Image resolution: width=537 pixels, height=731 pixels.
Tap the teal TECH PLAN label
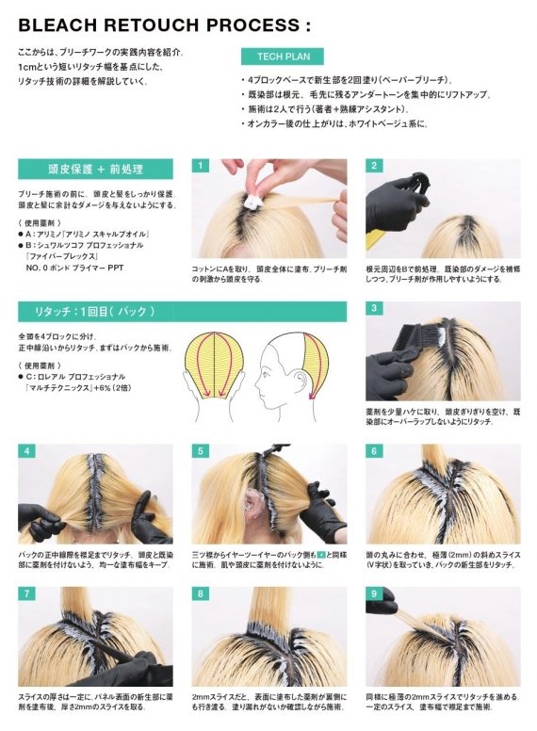[x=283, y=57]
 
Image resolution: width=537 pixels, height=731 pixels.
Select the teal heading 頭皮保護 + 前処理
[x=95, y=170]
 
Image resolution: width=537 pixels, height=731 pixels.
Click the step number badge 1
[x=200, y=166]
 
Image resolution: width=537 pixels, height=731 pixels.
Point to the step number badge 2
[x=374, y=166]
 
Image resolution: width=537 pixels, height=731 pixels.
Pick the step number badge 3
[x=374, y=309]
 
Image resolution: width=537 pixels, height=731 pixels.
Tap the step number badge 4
[x=25, y=452]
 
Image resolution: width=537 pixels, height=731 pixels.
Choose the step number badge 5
[x=200, y=452]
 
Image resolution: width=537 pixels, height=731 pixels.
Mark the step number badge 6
[x=374, y=452]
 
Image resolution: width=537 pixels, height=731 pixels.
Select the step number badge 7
[x=25, y=594]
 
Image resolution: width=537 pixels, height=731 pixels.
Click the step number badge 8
[x=200, y=594]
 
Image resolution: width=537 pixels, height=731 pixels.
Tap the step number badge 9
[x=374, y=594]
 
